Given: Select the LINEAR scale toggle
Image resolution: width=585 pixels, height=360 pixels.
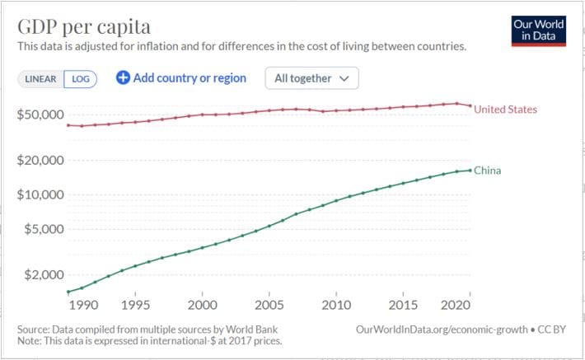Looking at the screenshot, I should (x=40, y=79).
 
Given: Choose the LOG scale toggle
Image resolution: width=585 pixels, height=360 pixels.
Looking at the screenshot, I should (x=81, y=79).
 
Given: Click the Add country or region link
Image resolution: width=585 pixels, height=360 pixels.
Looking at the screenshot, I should (x=181, y=78).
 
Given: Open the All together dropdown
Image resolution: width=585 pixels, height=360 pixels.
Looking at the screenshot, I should (x=311, y=78).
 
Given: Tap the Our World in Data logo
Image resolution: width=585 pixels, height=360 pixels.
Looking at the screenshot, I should (x=538, y=30).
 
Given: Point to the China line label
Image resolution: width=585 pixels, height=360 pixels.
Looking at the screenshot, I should (x=487, y=171).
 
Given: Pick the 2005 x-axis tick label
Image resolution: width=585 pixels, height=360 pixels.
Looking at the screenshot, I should (x=269, y=306).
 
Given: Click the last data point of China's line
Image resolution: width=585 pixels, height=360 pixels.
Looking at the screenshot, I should (x=470, y=171).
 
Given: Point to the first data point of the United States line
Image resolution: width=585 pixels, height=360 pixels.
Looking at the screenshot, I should (x=68, y=125).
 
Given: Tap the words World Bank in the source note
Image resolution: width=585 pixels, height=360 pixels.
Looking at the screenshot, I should (x=221, y=330).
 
